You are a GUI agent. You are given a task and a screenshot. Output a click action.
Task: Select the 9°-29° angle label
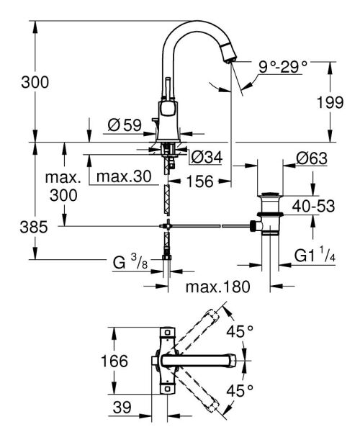(x=283, y=67)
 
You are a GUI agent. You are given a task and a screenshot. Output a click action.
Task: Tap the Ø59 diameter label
(x=123, y=125)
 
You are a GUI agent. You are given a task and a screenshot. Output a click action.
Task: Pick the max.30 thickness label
(x=124, y=177)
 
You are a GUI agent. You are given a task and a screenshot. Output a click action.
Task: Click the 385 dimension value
(x=34, y=227)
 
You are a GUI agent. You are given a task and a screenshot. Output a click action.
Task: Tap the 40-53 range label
(x=315, y=207)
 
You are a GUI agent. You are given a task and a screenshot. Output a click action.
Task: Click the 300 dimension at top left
(x=35, y=82)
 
